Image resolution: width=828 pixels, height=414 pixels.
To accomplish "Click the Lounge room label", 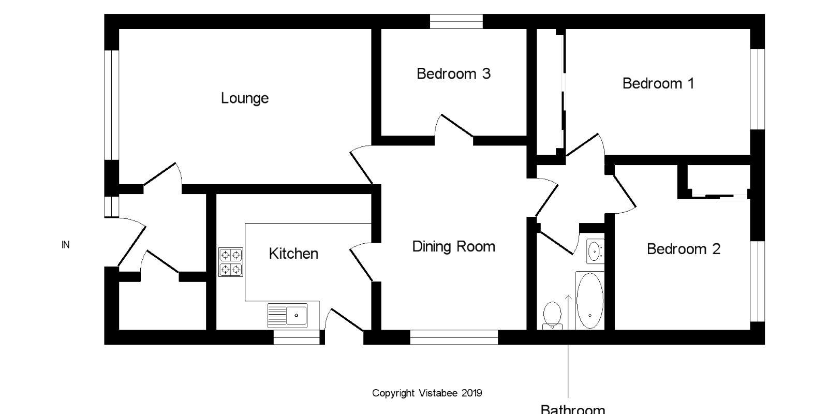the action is (245, 98).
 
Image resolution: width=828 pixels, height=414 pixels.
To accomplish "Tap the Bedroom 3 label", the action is (453, 74).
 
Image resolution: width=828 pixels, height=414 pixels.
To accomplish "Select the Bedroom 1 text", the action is (658, 83).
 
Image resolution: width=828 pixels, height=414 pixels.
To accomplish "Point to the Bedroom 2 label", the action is (684, 249).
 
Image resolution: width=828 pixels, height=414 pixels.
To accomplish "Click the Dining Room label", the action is (453, 246).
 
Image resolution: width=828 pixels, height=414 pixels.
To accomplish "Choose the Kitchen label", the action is (293, 254).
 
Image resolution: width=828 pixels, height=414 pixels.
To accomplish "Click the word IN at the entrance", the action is (65, 245).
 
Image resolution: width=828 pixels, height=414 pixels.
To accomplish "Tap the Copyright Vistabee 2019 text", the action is (427, 393).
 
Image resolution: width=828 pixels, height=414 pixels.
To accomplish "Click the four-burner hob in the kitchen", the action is (231, 262).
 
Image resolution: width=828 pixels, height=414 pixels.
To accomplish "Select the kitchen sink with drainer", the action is (287, 316).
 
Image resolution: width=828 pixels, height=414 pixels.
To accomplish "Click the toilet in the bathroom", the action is (552, 315).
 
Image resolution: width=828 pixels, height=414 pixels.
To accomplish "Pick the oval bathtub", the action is (589, 301).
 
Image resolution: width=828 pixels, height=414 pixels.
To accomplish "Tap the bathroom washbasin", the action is (595, 252).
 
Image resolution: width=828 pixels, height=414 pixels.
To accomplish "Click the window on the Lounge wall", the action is (112, 105).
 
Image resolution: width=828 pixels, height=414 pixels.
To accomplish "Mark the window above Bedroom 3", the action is (456, 21).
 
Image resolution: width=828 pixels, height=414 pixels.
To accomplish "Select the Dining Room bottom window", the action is (454, 337).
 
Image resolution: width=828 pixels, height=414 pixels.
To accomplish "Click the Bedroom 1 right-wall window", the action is (758, 89).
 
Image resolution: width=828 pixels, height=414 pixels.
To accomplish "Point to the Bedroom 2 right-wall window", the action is (758, 282).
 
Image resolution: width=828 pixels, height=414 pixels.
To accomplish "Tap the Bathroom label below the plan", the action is (572, 409).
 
